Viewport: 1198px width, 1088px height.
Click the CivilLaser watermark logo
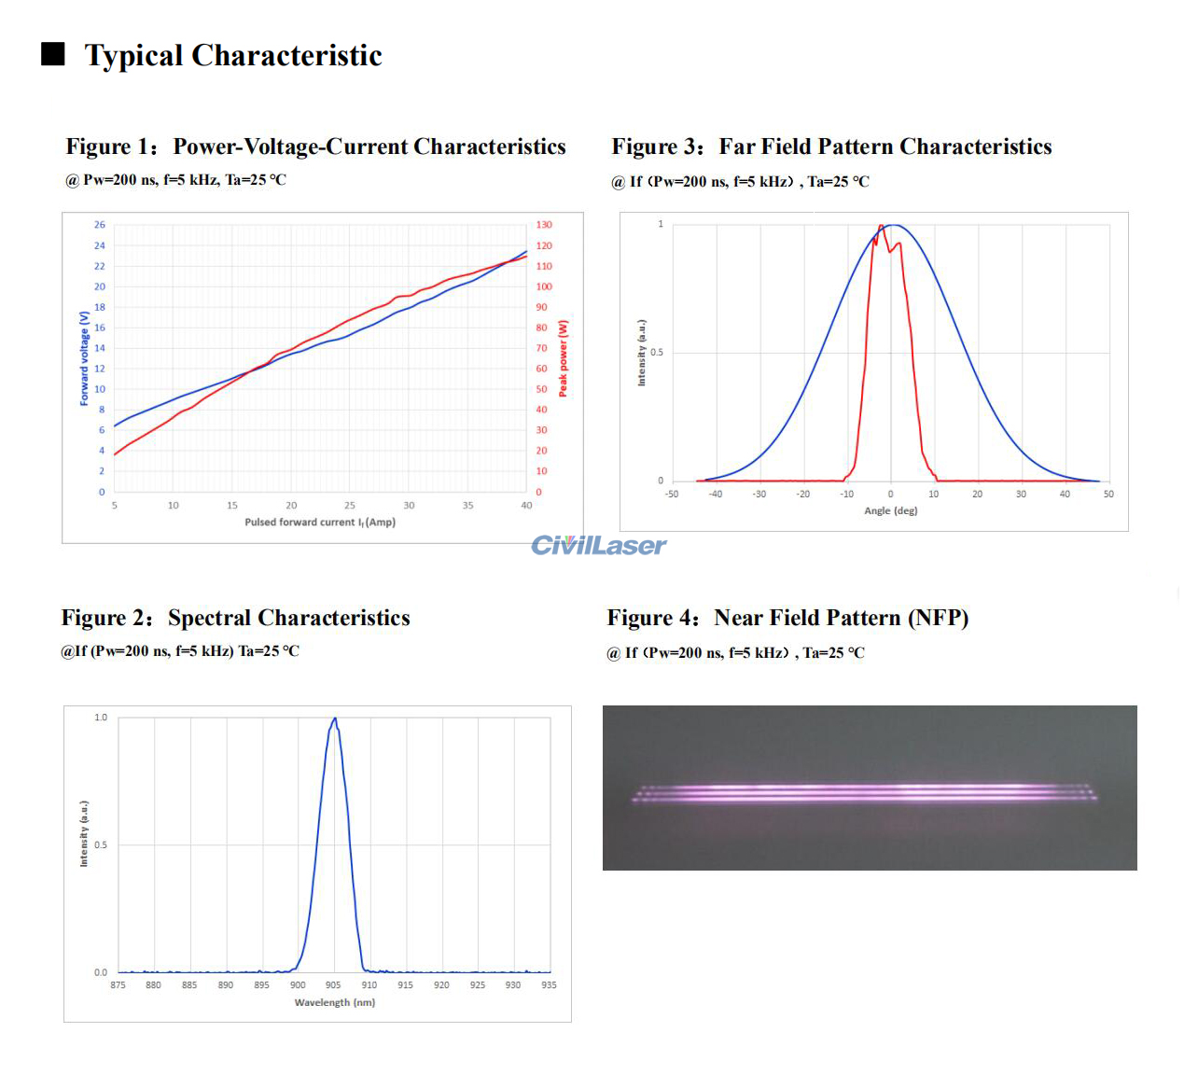(x=598, y=546)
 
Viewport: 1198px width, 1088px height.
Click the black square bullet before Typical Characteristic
(x=53, y=54)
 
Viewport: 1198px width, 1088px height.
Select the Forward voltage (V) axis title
(x=84, y=358)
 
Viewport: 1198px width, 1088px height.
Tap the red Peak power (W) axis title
(x=563, y=358)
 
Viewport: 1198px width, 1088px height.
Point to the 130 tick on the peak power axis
(x=544, y=225)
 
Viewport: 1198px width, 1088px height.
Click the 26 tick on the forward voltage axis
(x=100, y=225)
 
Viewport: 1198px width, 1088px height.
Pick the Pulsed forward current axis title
(x=320, y=523)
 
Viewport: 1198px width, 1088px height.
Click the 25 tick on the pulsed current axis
(x=350, y=506)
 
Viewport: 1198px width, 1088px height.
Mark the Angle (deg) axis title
(x=890, y=511)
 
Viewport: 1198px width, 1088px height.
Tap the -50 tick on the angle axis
(x=672, y=495)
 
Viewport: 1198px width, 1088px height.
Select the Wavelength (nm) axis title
(x=334, y=1003)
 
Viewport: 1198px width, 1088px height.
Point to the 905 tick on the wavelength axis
(x=333, y=985)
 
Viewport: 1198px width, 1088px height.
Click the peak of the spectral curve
(x=334, y=718)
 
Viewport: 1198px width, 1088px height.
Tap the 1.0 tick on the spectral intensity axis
(x=101, y=718)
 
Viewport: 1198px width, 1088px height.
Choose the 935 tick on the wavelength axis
(x=549, y=985)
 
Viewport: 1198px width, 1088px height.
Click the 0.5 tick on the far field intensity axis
(x=657, y=353)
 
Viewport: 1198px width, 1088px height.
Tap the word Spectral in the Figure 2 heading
(x=210, y=618)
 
